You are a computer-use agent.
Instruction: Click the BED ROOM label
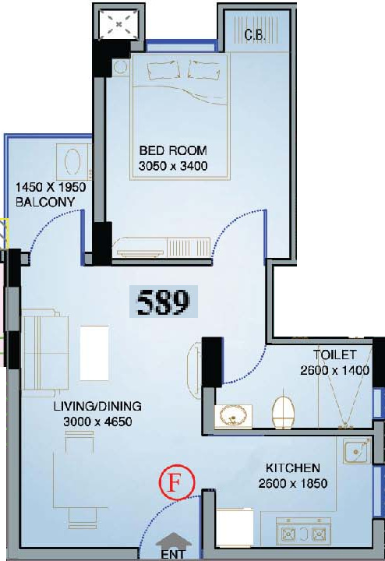[173, 150]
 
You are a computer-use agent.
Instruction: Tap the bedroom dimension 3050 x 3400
[173, 166]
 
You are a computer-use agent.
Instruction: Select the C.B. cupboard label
[255, 35]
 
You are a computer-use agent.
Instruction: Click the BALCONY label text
[45, 202]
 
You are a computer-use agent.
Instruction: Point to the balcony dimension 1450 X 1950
[51, 187]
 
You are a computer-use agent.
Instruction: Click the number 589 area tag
[164, 302]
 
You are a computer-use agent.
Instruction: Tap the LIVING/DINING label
[97, 406]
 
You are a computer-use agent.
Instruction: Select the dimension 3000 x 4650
[97, 422]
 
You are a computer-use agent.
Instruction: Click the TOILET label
[335, 355]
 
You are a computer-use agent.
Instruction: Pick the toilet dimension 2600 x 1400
[335, 370]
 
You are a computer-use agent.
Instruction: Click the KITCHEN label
[293, 468]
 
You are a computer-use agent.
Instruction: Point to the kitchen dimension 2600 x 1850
[293, 483]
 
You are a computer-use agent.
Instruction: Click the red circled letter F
[177, 482]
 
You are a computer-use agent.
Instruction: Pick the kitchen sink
[357, 450]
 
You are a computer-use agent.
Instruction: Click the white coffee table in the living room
[94, 353]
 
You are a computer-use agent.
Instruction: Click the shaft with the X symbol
[118, 24]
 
